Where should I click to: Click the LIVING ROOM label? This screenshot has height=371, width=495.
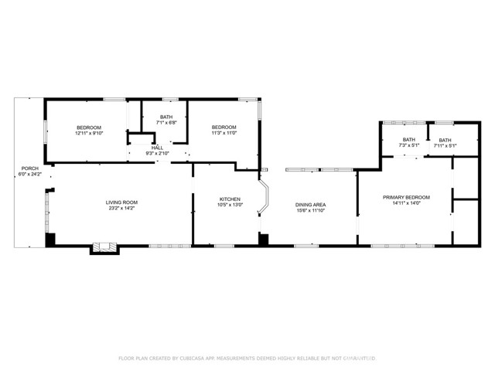121,203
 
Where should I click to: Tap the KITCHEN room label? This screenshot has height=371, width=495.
231,199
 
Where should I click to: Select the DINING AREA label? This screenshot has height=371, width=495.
310,205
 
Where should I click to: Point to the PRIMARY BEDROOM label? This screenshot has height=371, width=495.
406,197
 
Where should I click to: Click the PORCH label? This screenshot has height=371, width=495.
29,168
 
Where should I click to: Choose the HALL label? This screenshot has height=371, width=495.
157,147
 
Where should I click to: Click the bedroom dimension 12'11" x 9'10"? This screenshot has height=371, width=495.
89,133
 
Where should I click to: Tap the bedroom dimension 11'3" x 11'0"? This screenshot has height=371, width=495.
224,133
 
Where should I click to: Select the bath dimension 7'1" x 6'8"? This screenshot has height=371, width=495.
166,122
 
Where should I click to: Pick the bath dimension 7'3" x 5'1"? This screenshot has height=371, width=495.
408,145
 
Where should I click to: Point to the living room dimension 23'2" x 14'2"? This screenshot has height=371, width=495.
121,209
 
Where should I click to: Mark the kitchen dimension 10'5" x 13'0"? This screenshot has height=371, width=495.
231,205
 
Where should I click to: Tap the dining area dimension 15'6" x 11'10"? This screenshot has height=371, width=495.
310,211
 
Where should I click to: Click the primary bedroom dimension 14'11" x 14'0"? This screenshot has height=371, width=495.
406,203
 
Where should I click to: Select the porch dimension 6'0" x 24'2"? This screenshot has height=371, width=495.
29,175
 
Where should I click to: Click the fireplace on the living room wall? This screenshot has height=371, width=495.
104,248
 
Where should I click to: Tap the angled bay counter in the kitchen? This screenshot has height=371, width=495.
265,199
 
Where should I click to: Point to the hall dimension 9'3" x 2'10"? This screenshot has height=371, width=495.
157,153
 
